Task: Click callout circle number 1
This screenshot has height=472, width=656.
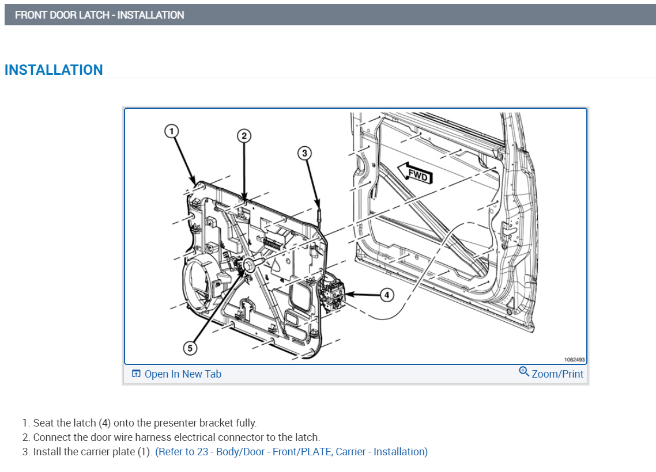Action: [171, 131]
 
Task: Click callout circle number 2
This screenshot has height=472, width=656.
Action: [244, 136]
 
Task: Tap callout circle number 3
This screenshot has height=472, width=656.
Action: [305, 153]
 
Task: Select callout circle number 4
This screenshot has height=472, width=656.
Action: [387, 295]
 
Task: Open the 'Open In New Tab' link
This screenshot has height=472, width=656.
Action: [183, 374]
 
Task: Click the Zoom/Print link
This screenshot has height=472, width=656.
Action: [557, 374]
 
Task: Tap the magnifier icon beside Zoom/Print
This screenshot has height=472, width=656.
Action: [524, 372]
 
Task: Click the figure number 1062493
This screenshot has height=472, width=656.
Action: [574, 360]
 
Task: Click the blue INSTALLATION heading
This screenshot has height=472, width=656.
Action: [54, 70]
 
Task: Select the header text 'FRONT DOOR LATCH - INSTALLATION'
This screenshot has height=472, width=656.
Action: [100, 15]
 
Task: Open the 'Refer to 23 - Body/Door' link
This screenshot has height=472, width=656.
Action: [291, 452]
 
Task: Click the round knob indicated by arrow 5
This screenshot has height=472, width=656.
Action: [250, 264]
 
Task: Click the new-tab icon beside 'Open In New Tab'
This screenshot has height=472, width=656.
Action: [136, 374]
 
